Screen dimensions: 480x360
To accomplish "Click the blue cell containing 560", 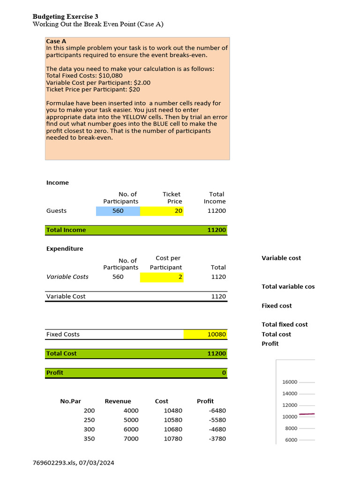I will pos(118,211).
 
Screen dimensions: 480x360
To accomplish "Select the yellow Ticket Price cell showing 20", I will pos(162,211).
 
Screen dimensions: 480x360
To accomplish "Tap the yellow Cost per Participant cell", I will pos(162,277).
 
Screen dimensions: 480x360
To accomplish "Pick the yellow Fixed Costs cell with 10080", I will pos(206,334).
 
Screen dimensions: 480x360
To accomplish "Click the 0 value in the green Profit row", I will pos(224,373).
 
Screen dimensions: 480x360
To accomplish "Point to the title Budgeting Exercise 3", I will pos(65,16).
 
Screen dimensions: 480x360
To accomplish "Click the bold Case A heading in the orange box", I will pos(56,41).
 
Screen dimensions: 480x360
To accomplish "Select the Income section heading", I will pos(57,183).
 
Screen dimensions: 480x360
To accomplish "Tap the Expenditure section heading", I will pos(65,249).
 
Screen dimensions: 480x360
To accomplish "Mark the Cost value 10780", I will pos(173,439).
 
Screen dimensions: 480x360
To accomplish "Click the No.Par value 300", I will pos(89,429).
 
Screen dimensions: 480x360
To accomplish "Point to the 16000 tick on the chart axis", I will pos(290,382).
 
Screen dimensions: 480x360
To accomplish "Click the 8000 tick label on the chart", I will pos(291,428).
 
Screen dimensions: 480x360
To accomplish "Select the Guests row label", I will pos(56,211).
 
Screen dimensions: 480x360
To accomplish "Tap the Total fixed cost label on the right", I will pos(285,324).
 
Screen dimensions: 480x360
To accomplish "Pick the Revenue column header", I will pos(118,401).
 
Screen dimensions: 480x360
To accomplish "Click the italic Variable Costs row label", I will pos(67,277).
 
